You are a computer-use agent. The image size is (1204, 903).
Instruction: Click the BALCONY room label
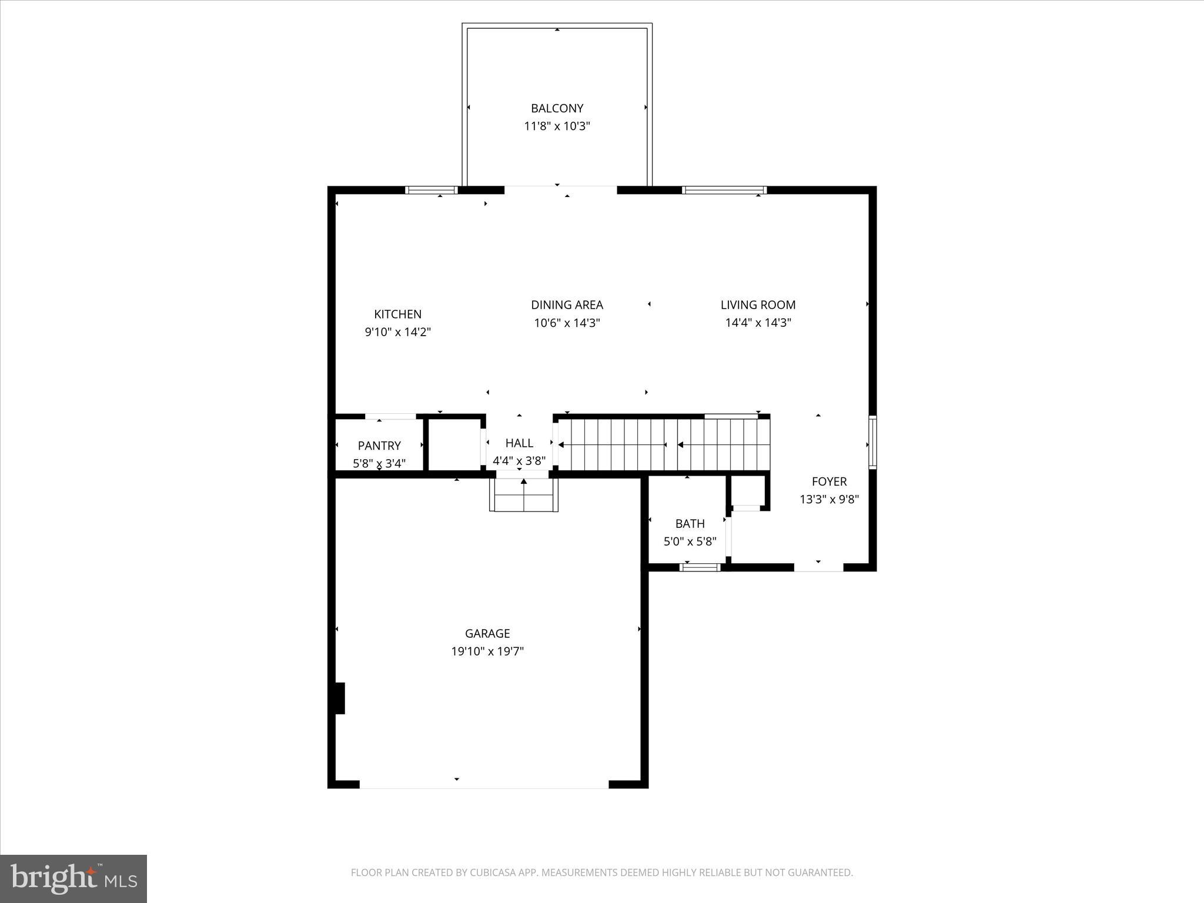[557, 108]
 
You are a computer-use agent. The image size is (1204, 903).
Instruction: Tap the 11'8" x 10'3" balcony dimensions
[557, 126]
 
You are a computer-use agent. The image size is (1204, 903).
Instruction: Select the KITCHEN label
[397, 314]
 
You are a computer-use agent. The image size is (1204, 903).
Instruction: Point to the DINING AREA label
[567, 305]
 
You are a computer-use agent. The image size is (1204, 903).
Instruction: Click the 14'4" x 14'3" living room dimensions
[758, 322]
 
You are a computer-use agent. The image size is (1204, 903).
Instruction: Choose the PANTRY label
[379, 446]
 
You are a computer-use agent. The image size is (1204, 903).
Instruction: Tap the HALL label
[519, 443]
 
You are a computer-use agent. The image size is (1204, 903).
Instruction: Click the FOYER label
[829, 481]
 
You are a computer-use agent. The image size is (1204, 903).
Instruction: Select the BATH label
[690, 523]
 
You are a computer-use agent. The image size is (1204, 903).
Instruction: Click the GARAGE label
[487, 633]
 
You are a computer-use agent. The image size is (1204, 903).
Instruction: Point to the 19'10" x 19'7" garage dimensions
[487, 651]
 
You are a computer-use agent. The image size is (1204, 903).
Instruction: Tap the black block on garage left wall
[339, 698]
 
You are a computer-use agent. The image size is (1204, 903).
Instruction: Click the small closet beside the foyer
[747, 491]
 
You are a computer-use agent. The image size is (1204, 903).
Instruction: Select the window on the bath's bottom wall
[700, 567]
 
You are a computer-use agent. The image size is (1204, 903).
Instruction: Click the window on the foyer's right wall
[872, 442]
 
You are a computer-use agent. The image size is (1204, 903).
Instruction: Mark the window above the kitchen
[432, 190]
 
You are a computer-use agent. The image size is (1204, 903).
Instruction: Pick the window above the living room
[724, 190]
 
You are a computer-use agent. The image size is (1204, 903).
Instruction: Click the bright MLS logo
[73, 879]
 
